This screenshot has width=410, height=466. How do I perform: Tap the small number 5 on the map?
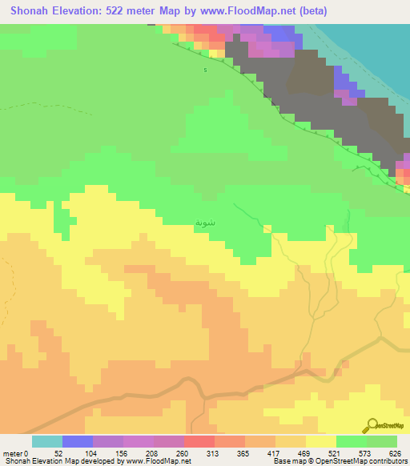pyautogui.click(x=205, y=71)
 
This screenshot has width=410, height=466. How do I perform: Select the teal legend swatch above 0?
pyautogui.click(x=47, y=441)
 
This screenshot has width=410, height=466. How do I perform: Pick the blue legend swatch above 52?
pyautogui.click(x=78, y=441)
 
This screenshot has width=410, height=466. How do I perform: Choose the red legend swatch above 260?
pyautogui.click(x=199, y=441)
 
